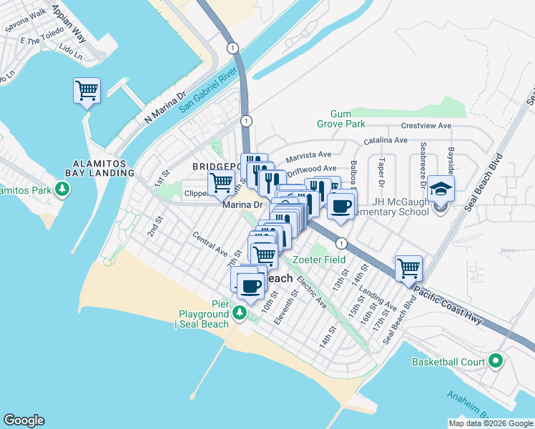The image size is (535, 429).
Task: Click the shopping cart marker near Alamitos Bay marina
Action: click(x=87, y=91)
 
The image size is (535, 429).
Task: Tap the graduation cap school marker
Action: click(x=441, y=189)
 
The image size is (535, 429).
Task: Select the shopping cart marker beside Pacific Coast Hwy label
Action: click(x=408, y=269)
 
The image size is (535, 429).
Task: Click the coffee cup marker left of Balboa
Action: click(x=340, y=207)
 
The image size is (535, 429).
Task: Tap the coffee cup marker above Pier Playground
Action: click(x=250, y=286)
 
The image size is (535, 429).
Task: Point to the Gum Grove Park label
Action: click(x=348, y=119)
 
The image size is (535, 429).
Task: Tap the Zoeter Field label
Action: click(x=319, y=259)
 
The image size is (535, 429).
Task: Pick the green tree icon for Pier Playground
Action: click(x=241, y=313)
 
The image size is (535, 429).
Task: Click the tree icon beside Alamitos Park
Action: click(x=64, y=189)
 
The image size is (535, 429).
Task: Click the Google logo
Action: click(x=24, y=420)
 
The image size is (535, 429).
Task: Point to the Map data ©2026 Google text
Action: click(x=490, y=423)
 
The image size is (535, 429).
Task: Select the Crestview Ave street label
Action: click(x=425, y=125)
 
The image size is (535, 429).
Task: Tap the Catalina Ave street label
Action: click(x=386, y=140)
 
